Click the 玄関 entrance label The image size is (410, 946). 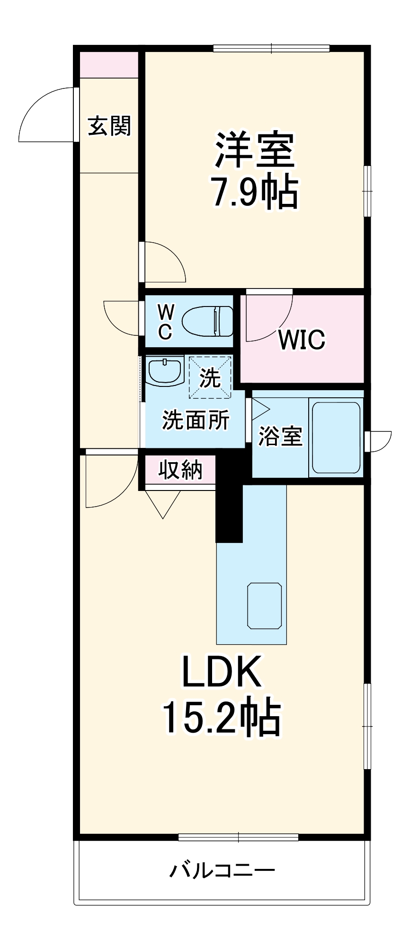pyautogui.click(x=109, y=126)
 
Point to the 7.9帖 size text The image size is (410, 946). pyautogui.click(x=255, y=192)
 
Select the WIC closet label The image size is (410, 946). pyautogui.click(x=302, y=339)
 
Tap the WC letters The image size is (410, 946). pyautogui.click(x=165, y=322)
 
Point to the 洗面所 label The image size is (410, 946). pyautogui.click(x=196, y=420)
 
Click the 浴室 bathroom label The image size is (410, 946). pyautogui.click(x=280, y=436)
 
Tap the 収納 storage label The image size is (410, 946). pyautogui.click(x=180, y=470)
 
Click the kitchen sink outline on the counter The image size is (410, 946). pyautogui.click(x=265, y=606)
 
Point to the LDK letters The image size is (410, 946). pyautogui.click(x=222, y=672)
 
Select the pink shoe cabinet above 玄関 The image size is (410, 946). pyautogui.click(x=109, y=65)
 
